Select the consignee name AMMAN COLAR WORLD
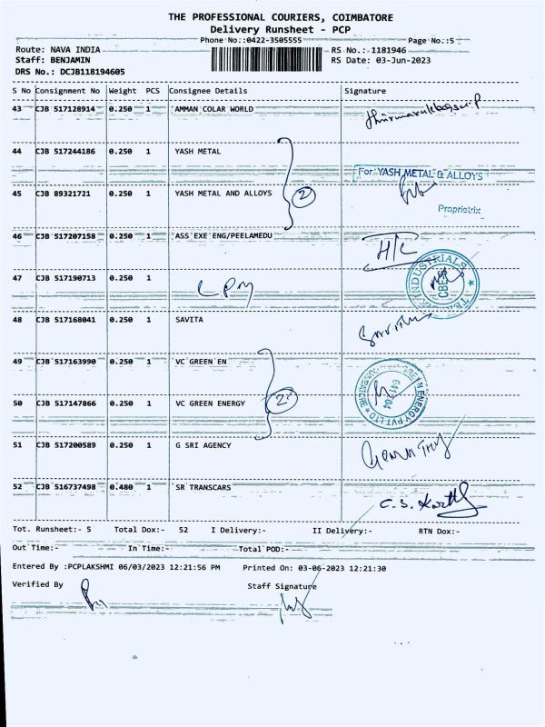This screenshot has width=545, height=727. [214, 108]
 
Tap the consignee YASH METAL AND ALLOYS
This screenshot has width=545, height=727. [223, 194]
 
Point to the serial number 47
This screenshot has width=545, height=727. [16, 276]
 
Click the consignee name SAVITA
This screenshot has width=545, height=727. [189, 319]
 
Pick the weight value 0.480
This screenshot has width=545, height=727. [121, 487]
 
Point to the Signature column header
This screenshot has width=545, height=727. [365, 91]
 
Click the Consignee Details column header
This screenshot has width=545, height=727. [208, 91]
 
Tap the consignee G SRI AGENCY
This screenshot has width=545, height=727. [203, 445]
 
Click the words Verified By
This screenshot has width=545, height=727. [38, 584]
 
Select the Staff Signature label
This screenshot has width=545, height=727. [282, 586]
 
